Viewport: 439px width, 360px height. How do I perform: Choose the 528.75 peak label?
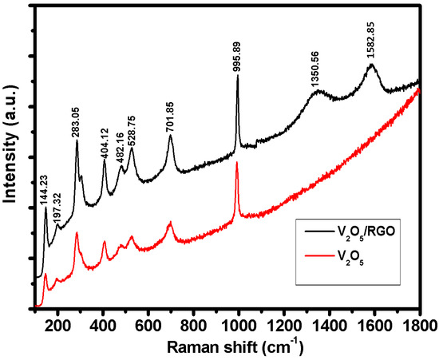pyautogui.click(x=132, y=129)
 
